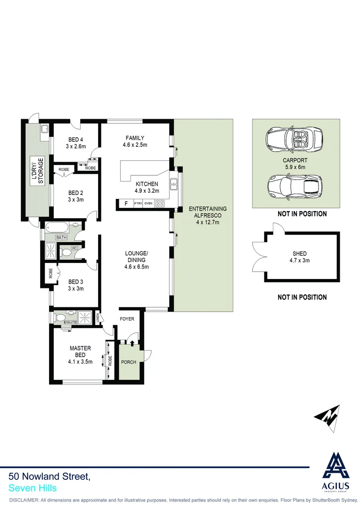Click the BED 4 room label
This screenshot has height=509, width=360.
75,139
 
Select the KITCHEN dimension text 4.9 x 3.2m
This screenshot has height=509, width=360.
147,191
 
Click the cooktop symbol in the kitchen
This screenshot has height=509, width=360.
160,204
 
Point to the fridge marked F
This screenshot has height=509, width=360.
125,204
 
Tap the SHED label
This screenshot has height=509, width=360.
299,254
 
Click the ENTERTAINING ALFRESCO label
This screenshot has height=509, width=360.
207,212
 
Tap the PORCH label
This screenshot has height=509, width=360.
129,362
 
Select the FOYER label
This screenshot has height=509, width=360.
127,319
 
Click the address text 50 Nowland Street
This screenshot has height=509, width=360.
49,477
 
